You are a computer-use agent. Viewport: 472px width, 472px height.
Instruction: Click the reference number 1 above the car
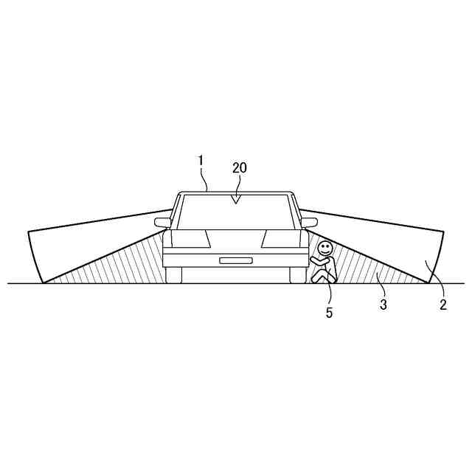pos(201,161)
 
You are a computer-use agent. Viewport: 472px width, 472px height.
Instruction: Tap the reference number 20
pos(240,168)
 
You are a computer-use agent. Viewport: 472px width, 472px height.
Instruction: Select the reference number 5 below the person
pos(330,313)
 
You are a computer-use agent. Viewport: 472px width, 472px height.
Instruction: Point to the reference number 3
pos(383,305)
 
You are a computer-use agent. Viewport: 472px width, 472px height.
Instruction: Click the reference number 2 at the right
pos(443,305)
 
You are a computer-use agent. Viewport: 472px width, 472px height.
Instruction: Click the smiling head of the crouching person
pos(324,248)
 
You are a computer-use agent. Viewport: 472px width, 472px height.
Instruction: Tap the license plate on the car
pos(236,260)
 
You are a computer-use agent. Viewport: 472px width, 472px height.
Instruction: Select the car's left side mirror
pos(162,223)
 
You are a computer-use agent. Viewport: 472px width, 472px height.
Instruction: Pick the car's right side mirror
pos(309,223)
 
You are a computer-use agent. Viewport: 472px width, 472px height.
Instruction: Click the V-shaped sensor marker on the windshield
pos(236,199)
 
